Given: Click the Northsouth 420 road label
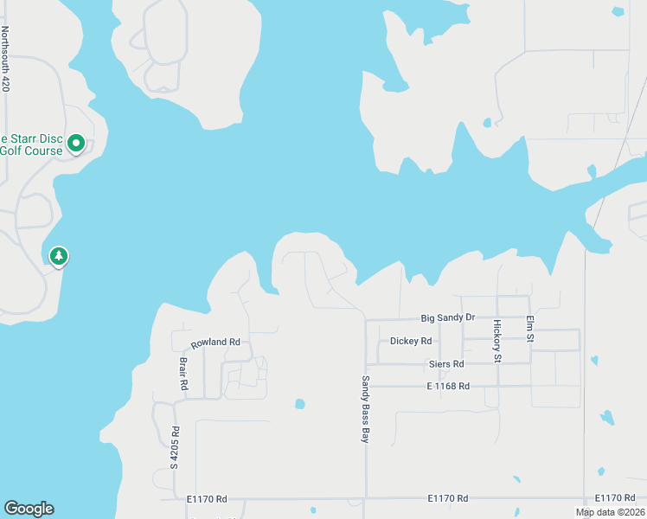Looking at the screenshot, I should coord(6,60).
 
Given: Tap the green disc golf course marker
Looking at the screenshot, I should coord(76,143).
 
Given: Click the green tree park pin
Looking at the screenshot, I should coord(59,256).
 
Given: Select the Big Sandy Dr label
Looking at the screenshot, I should coord(447,317).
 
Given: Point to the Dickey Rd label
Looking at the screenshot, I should coord(410,341).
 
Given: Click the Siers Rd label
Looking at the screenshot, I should coord(446,364).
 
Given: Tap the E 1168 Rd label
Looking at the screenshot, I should coord(448,386).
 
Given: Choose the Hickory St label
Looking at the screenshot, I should coord(497,341).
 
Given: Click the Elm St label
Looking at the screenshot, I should coord(530,330).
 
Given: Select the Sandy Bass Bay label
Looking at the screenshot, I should coord(366,410).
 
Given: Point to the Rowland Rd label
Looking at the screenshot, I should coord(215,343).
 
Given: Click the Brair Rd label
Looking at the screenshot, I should coord(183,374).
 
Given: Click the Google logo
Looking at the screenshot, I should coord(29,509).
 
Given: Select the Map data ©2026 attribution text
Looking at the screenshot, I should coord(610,512).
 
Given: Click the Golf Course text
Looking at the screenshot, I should coord(31,151).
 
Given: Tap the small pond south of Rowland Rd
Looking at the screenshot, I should coord(299,403).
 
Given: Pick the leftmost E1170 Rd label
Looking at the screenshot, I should coord(207,499).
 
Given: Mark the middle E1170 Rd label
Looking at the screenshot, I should coord(447,498).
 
